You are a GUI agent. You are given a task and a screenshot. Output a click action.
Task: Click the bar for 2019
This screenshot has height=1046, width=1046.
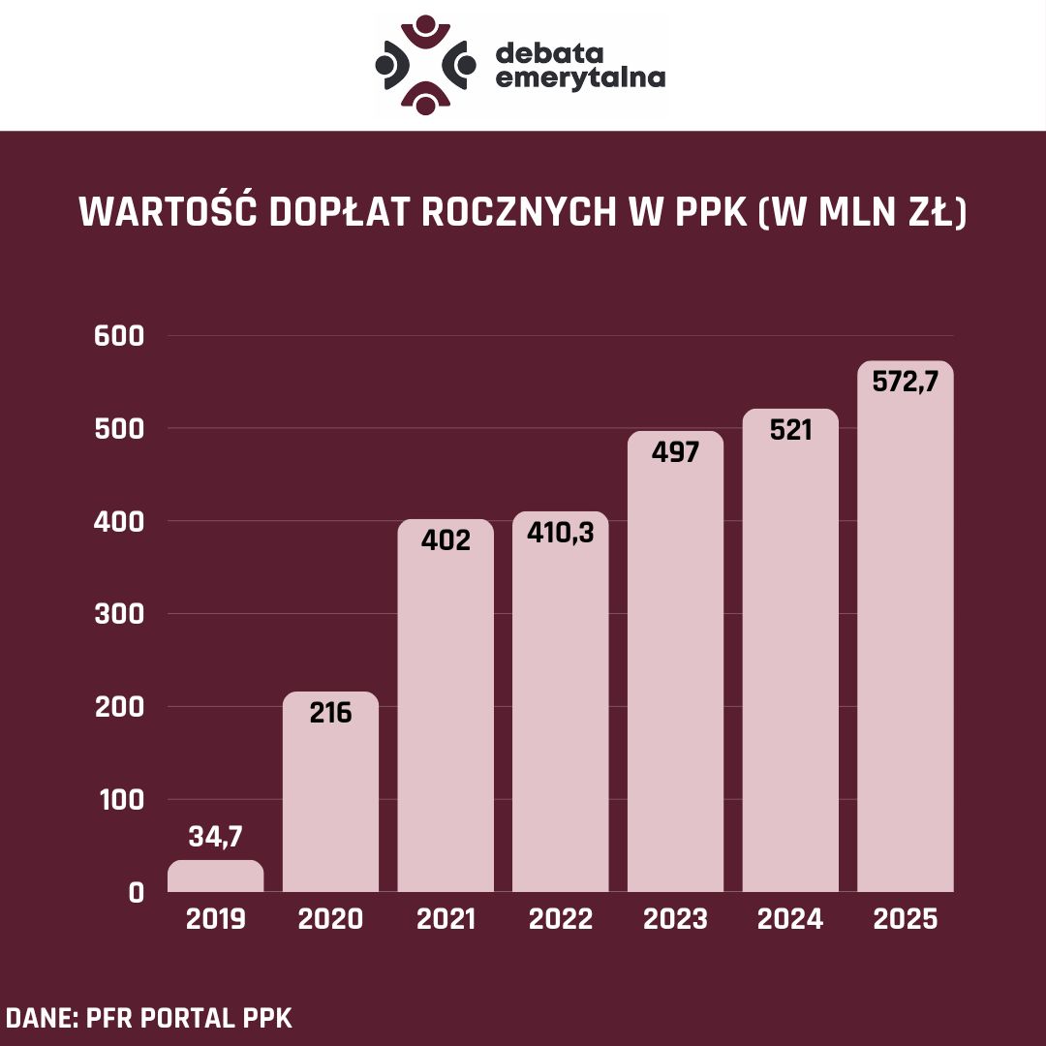pyautogui.click(x=215, y=876)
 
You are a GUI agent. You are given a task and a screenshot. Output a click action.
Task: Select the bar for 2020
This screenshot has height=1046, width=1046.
pyautogui.click(x=330, y=794)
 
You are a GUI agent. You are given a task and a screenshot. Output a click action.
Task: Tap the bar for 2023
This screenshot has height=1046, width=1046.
pyautogui.click(x=675, y=668)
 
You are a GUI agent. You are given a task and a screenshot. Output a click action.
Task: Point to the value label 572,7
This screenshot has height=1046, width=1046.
pyautogui.click(x=906, y=382)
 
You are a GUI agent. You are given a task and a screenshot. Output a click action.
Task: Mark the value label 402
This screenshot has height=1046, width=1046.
pyautogui.click(x=446, y=539)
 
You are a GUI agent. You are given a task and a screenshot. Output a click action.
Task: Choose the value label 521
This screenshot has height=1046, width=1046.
pyautogui.click(x=790, y=430)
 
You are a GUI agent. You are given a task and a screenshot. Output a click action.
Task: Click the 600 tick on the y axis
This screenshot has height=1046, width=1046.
pyautogui.click(x=119, y=336)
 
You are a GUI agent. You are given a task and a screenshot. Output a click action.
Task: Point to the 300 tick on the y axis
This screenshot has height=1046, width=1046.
pyautogui.click(x=119, y=614)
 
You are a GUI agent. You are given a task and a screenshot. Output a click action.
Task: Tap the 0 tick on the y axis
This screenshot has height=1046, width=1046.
pyautogui.click(x=136, y=892)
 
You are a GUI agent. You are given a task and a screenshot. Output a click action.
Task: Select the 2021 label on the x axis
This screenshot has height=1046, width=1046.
pyautogui.click(x=446, y=919)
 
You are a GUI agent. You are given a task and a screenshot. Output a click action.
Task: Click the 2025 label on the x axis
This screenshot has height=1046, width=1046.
pyautogui.click(x=906, y=919)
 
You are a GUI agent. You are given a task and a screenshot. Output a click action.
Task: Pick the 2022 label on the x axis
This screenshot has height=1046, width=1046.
pyautogui.click(x=561, y=919)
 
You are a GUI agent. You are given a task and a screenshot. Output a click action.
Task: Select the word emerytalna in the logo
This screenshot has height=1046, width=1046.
pyautogui.click(x=580, y=77)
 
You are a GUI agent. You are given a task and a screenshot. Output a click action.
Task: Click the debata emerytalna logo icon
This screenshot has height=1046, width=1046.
pyautogui.click(x=425, y=64)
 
